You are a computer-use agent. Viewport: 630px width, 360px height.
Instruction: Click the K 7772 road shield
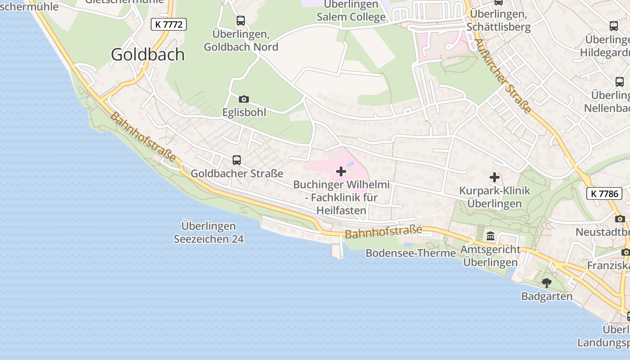tap(169, 24)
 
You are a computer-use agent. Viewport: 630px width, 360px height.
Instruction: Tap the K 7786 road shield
tap(604, 194)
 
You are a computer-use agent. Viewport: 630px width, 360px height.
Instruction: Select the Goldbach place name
tap(148, 54)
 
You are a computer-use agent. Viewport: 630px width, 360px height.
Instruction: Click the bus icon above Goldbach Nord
tap(241, 21)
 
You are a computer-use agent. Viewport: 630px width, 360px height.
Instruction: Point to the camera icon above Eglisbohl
tap(244, 99)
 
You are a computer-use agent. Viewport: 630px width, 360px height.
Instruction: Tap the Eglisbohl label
tap(244, 112)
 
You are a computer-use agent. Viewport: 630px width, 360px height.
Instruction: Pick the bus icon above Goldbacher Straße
tap(237, 160)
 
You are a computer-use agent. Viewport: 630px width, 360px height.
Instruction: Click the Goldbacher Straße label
tap(237, 173)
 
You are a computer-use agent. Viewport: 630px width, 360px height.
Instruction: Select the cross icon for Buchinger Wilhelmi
tap(341, 171)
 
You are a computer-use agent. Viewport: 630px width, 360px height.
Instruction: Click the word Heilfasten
tap(342, 210)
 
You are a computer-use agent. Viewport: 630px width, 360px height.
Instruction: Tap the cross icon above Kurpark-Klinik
tap(495, 177)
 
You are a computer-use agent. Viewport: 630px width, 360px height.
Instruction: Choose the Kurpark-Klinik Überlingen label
tap(495, 197)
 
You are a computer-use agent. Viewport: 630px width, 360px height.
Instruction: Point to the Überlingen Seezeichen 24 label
tap(209, 232)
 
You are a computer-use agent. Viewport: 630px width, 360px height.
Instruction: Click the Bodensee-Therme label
tap(410, 253)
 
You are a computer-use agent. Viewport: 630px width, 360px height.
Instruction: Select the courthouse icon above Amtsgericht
tap(490, 236)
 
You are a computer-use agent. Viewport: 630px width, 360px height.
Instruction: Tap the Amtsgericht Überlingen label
tap(490, 256)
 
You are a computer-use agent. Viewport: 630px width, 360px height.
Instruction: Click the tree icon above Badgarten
tap(547, 283)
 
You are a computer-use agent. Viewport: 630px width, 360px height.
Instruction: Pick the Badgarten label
tap(547, 296)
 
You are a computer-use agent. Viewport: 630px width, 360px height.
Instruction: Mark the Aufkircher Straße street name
tap(503, 76)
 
